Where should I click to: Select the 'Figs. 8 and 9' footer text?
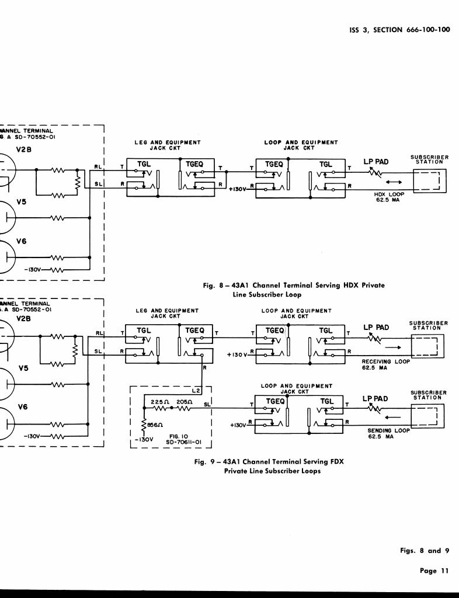[425, 551]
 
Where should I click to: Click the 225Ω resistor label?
[159, 402]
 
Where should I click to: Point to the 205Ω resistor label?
[185, 402]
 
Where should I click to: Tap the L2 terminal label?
[196, 390]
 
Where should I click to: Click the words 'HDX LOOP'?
[387, 194]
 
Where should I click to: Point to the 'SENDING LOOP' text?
[388, 430]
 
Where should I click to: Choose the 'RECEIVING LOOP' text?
[385, 361]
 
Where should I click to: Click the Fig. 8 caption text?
[294, 290]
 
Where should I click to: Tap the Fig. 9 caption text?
[269, 466]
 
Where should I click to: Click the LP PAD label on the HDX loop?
[377, 161]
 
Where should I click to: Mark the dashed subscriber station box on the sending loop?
[429, 415]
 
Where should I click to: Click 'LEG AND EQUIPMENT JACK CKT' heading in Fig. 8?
[168, 145]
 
